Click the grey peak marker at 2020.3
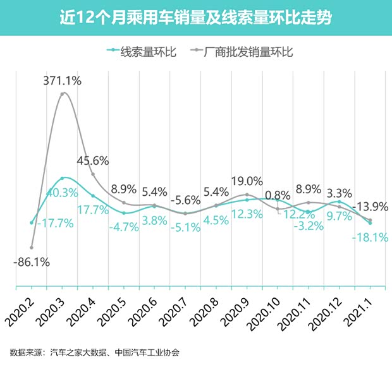[63, 95]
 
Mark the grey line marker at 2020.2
[32, 247]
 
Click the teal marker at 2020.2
[32, 222]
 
